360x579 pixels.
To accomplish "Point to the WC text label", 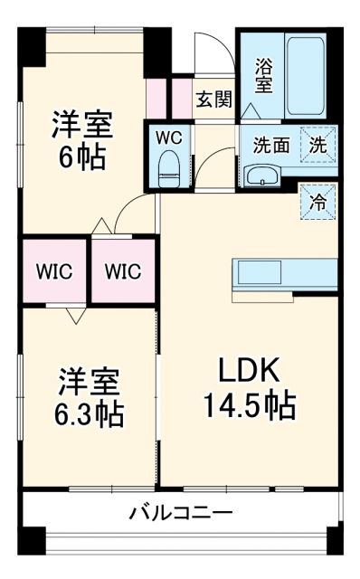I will [169, 138].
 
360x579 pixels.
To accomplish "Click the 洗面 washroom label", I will [270, 144].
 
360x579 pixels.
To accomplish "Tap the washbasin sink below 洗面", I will [265, 175].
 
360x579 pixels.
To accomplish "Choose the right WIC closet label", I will [121, 271].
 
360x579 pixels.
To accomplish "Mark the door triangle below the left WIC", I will [74, 318].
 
